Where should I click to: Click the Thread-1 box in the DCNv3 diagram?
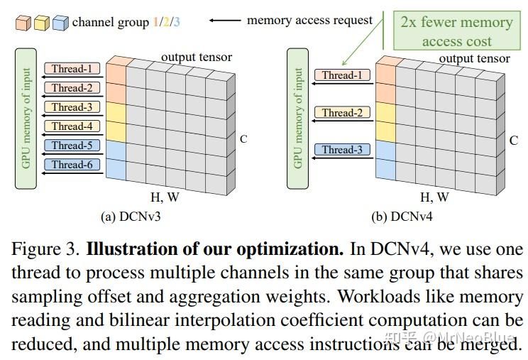[72, 69]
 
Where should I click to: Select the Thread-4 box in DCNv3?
[72, 126]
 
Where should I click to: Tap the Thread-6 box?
[72, 165]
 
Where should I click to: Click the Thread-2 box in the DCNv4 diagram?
[342, 113]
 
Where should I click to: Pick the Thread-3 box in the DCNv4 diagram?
[342, 150]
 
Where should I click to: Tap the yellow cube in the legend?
[42, 23]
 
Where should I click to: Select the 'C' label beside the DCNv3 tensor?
[243, 139]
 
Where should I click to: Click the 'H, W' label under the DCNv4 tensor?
[435, 197]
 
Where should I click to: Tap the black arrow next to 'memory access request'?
[226, 21]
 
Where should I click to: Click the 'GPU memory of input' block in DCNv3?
[26, 118]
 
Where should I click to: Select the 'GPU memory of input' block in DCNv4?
[298, 118]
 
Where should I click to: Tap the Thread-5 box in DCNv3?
[72, 146]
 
